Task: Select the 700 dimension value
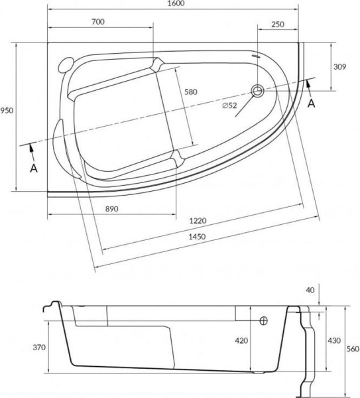[98, 22]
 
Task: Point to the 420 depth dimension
[241, 341]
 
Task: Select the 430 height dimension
[334, 340]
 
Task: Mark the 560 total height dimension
[353, 350]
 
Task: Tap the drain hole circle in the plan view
[257, 90]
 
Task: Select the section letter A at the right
[312, 103]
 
